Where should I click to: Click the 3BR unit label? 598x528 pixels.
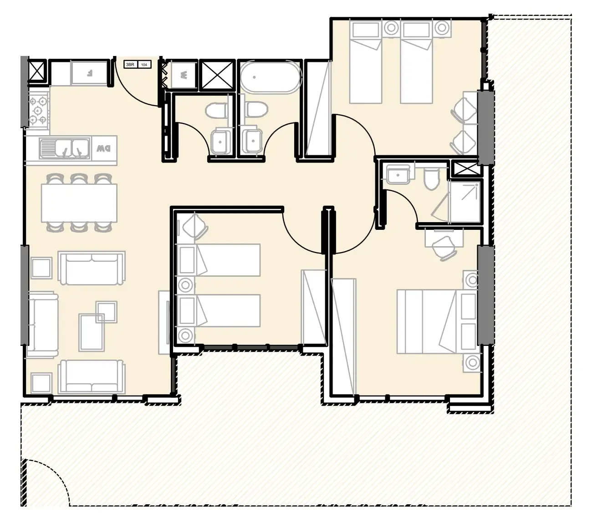coord(130,65)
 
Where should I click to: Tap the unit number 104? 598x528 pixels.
coord(144,65)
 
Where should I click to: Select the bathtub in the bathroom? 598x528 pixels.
coord(271,76)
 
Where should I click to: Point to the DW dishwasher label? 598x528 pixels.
coord(104,148)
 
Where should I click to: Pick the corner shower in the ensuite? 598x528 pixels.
coord(464,202)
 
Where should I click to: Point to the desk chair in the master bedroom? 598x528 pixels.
coord(444,249)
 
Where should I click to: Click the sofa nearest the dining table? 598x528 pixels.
coord(92,269)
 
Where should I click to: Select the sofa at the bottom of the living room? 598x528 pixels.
coord(92,376)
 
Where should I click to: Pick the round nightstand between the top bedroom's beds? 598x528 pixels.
coord(391,28)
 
